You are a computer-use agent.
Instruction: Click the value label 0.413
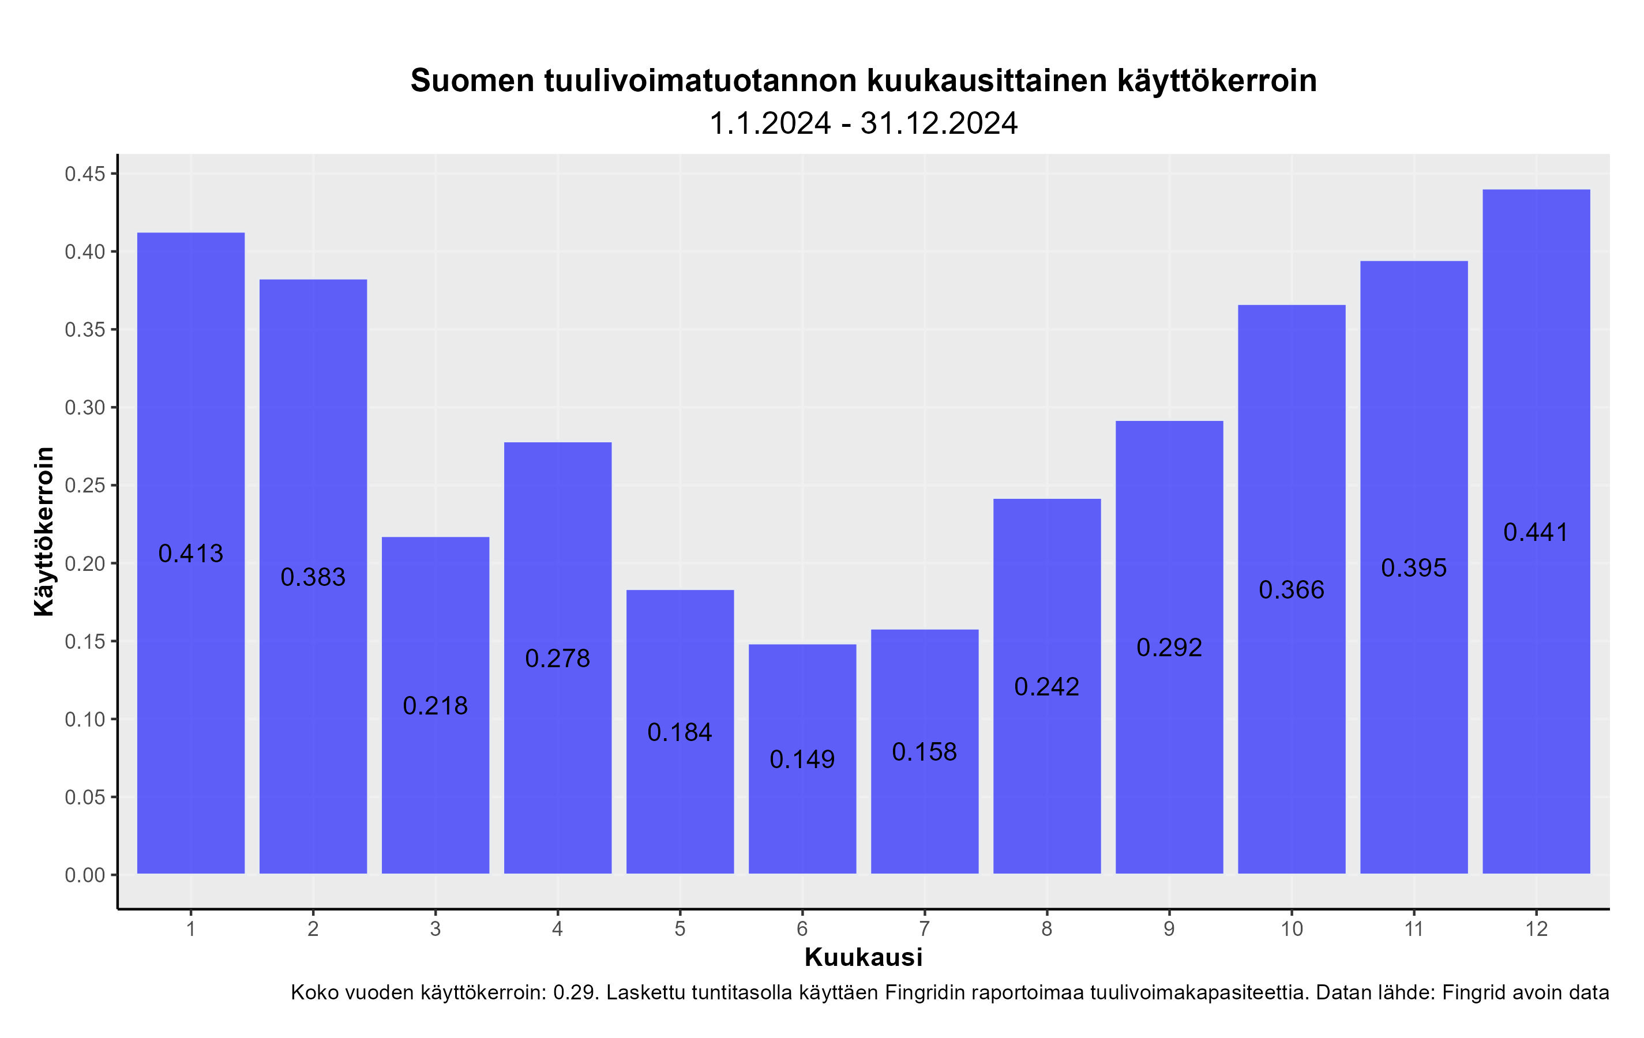tap(190, 554)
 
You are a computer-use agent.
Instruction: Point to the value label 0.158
tap(925, 752)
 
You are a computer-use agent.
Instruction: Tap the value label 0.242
tap(1046, 687)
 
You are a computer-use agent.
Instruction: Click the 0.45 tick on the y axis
tap(85, 175)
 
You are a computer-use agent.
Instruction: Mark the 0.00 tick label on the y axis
tap(85, 875)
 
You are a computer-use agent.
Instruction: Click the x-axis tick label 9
tap(1169, 929)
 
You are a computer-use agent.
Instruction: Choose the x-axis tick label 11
tap(1414, 929)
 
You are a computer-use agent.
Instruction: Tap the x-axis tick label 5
tap(680, 929)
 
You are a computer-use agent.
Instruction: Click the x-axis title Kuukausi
tap(864, 957)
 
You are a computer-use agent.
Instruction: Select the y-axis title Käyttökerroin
tap(44, 532)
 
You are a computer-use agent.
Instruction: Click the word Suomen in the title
tap(472, 81)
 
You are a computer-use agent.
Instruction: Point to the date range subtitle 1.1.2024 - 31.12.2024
tap(864, 123)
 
